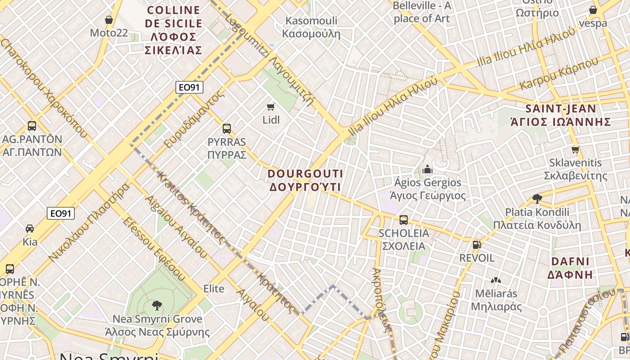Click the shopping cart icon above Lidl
tap(270, 107)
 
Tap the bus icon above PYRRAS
tap(227, 129)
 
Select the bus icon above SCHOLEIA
tap(404, 220)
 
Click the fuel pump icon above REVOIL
tap(477, 245)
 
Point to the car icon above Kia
tap(30, 229)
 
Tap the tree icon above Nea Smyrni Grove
tap(157, 306)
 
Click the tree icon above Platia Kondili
tap(537, 198)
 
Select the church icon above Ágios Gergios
tap(427, 169)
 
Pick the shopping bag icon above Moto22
tap(108, 20)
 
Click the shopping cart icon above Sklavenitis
tap(575, 149)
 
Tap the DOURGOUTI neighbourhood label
tap(306, 180)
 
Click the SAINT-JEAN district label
tap(561, 115)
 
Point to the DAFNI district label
tap(570, 268)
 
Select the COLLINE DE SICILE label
tap(174, 30)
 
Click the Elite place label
tap(214, 288)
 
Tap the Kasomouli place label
tap(311, 27)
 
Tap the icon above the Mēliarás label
tap(496, 280)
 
